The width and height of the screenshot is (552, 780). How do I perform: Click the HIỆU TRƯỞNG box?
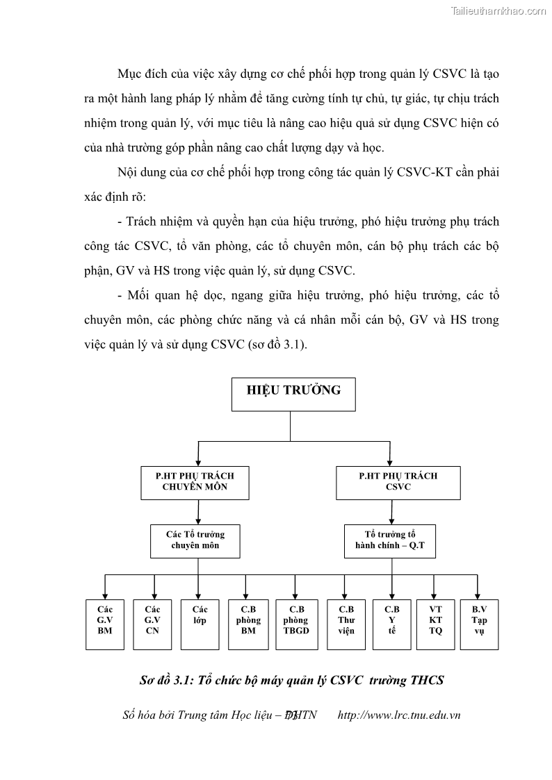(x=293, y=395)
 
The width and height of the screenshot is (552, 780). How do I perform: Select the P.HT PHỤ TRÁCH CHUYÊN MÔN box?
(x=195, y=482)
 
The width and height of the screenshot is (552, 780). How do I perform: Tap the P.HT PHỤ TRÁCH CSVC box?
(x=398, y=482)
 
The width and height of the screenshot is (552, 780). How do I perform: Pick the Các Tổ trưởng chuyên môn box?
(x=195, y=540)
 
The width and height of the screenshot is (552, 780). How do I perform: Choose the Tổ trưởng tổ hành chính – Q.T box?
(x=390, y=540)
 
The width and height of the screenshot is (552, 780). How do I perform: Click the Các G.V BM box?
(x=105, y=624)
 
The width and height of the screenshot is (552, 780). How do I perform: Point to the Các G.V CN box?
(x=152, y=624)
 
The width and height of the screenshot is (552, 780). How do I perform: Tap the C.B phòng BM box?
(x=248, y=624)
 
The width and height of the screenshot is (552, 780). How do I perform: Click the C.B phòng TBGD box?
(x=296, y=624)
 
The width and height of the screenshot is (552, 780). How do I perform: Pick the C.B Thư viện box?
(x=346, y=624)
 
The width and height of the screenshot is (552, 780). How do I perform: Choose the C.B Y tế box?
(x=392, y=624)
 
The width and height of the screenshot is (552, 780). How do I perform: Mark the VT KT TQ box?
(x=435, y=624)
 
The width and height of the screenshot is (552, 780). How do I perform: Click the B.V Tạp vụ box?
(x=479, y=624)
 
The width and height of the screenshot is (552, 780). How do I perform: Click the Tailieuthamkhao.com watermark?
(x=498, y=10)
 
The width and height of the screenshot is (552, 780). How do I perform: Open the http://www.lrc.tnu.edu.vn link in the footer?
(x=398, y=715)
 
